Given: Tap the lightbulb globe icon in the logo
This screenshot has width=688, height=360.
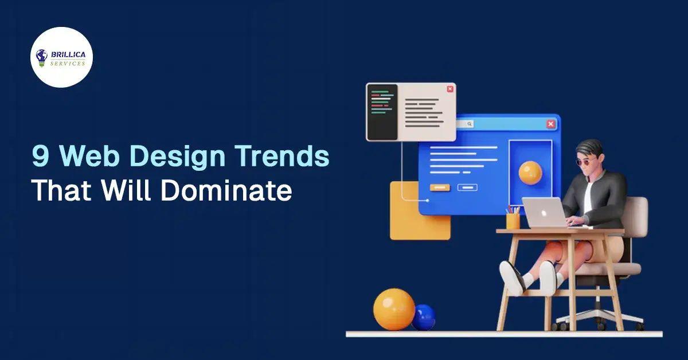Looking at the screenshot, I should click(42, 57).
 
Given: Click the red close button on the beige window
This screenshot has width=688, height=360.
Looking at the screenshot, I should click(450, 89).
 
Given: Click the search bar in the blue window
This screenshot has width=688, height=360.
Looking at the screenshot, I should click(464, 124).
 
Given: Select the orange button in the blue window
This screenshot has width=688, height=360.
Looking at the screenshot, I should click(439, 187).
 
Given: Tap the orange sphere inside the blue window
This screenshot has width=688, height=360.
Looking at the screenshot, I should click(530, 173).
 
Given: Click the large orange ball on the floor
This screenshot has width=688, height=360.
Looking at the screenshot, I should click(394, 309).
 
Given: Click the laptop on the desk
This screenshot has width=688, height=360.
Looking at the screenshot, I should click(544, 212).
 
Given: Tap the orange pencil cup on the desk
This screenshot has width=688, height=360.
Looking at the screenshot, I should click(513, 221).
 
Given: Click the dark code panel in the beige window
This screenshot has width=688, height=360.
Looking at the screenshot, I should click(382, 112).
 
